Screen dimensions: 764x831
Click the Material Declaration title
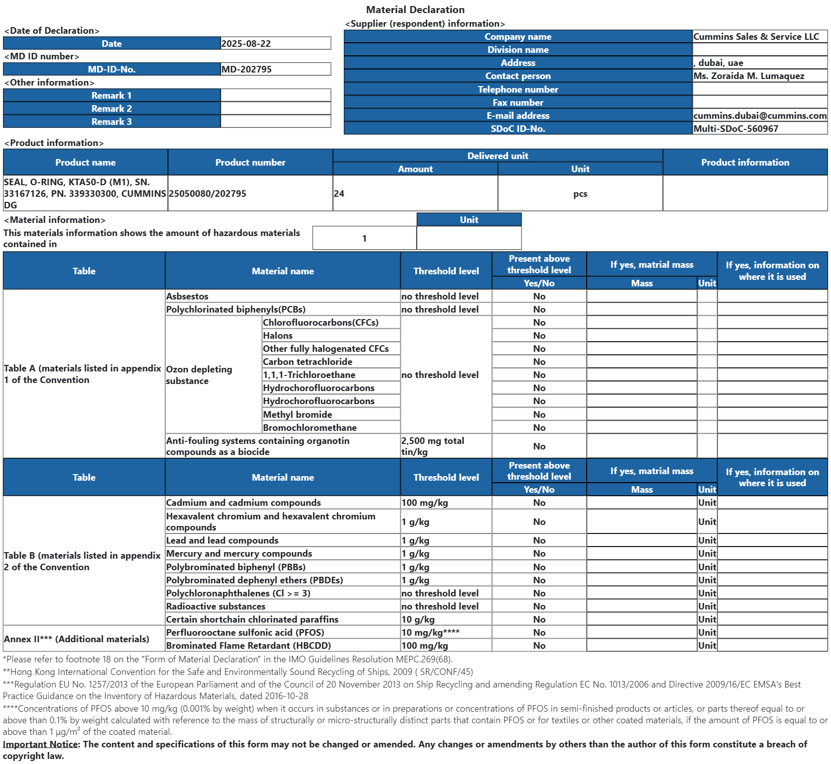pyautogui.click(x=415, y=10)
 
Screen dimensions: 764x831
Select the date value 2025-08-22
pyautogui.click(x=246, y=44)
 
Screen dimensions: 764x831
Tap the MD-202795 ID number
pyautogui.click(x=247, y=69)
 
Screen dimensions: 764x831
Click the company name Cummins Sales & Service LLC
pyautogui.click(x=756, y=37)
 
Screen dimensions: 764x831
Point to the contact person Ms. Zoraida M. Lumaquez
pyautogui.click(x=749, y=76)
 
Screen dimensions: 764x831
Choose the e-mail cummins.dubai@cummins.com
pyautogui.click(x=760, y=116)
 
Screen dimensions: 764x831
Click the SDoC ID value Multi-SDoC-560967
pyautogui.click(x=735, y=129)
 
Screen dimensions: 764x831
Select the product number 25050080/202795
pyautogui.click(x=208, y=194)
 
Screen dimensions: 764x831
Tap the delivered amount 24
pyautogui.click(x=339, y=194)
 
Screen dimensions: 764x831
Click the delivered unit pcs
pyautogui.click(x=580, y=194)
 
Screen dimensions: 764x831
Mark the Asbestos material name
pyautogui.click(x=188, y=296)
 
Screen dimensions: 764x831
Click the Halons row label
pyautogui.click(x=278, y=336)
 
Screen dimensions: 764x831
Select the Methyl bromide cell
pyautogui.click(x=298, y=415)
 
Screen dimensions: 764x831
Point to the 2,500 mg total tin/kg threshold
pyautogui.click(x=433, y=446)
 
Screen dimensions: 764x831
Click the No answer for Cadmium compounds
pyautogui.click(x=539, y=503)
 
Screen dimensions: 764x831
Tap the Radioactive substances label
pyautogui.click(x=216, y=606)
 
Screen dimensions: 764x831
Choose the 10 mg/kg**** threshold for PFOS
pyautogui.click(x=430, y=633)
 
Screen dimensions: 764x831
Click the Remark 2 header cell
pyautogui.click(x=112, y=109)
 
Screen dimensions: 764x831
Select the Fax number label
pyautogui.click(x=518, y=103)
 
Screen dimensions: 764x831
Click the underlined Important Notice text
pyautogui.click(x=40, y=744)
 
